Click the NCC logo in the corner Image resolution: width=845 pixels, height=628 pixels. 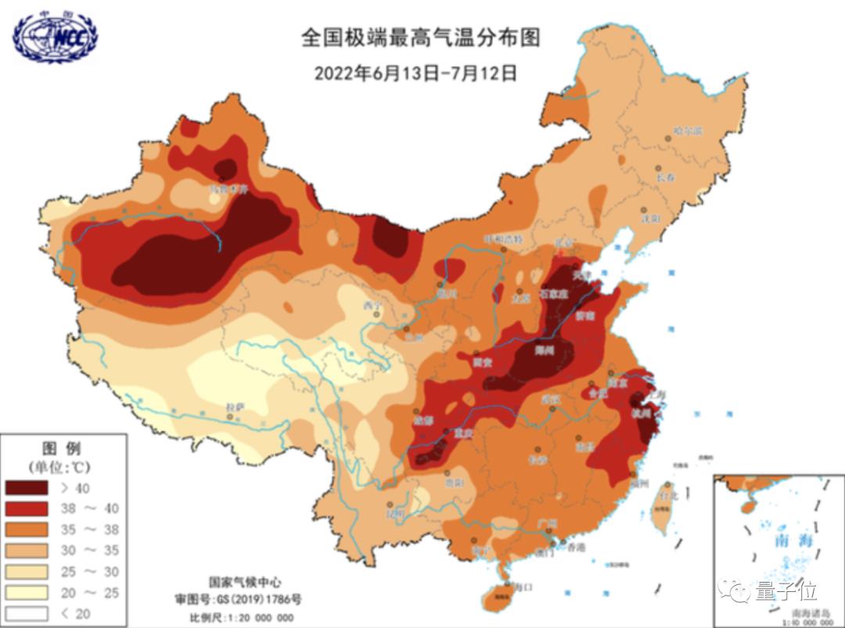[x=55, y=35]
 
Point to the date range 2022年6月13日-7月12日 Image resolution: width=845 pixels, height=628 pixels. [x=415, y=73]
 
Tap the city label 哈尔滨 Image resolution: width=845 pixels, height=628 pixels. [x=689, y=130]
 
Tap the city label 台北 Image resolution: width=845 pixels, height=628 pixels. [x=667, y=494]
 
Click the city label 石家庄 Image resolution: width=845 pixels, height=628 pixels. [x=552, y=294]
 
